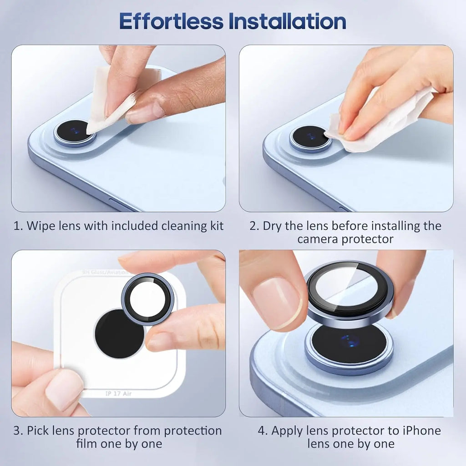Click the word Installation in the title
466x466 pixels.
coord(289,21)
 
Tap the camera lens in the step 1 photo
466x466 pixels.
coord(75,132)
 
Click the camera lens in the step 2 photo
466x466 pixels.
coord(310,137)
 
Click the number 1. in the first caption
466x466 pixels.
coord(18,226)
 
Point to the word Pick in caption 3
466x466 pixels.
coord(41,431)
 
